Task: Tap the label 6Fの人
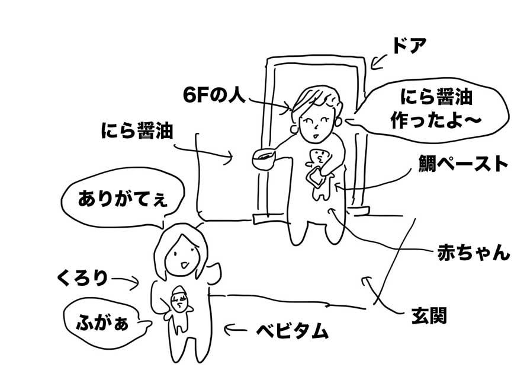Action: pos(214,95)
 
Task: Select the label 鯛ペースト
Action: pos(463,164)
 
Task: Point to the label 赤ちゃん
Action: pos(473,253)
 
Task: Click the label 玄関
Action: pos(429,315)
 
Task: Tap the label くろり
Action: pos(83,279)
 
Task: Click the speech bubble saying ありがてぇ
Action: pos(123,199)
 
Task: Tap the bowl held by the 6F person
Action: pos(263,159)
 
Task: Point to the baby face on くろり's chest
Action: pos(179,299)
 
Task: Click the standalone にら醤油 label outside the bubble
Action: pos(137,130)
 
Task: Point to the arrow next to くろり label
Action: pos(125,282)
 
